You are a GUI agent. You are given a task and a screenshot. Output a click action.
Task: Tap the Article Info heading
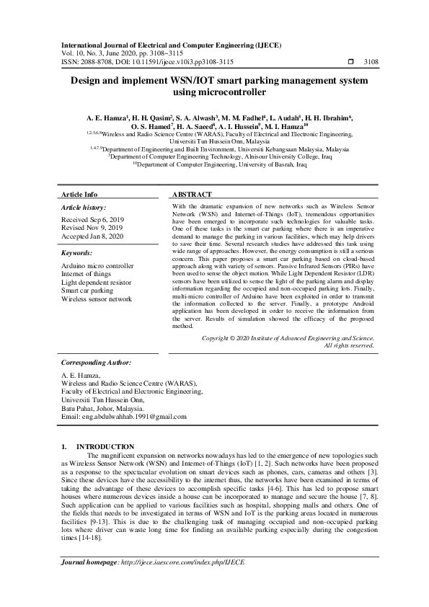[79, 195]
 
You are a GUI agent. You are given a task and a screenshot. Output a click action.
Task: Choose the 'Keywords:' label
[77, 254]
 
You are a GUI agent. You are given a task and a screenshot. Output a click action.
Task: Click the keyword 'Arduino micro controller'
[97, 266]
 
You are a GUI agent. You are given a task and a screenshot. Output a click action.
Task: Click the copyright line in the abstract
[288, 337]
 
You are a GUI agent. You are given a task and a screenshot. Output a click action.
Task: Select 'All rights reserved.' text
[349, 345]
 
